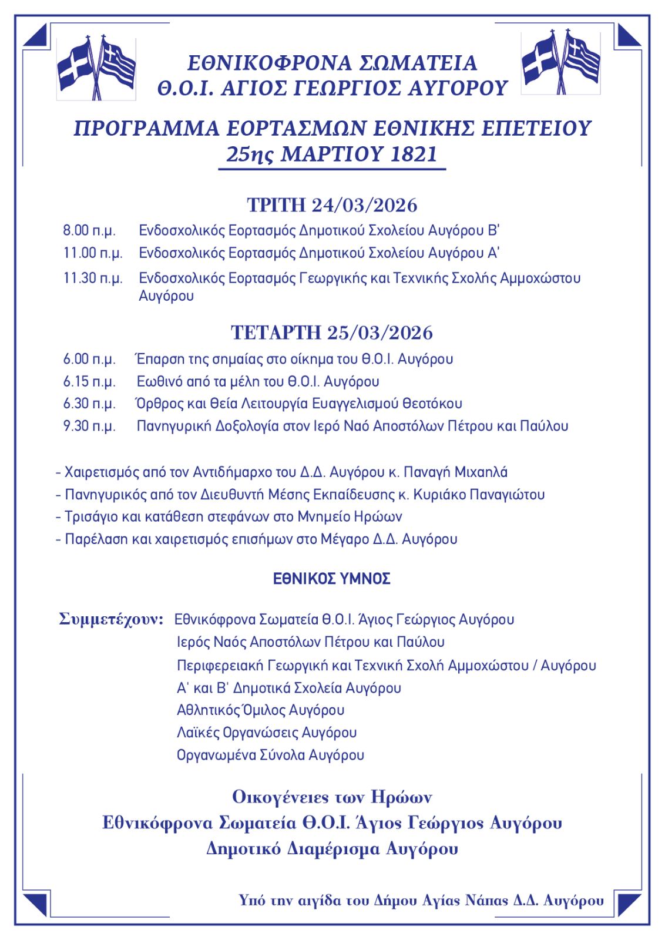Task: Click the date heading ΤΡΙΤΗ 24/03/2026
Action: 332,206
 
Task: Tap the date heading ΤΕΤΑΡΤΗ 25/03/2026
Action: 332,333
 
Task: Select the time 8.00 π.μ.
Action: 89,230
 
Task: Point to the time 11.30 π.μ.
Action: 93,278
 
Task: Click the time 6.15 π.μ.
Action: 89,381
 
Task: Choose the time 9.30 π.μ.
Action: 89,426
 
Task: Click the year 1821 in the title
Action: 414,154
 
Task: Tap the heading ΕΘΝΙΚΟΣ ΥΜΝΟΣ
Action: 332,579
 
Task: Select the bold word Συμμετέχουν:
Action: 111,619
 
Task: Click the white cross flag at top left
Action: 75,66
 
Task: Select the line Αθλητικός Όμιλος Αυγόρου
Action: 260,710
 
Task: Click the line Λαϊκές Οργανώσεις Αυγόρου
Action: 266,733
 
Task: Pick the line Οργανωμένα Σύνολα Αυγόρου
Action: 270,755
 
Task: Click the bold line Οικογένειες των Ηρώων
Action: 332,798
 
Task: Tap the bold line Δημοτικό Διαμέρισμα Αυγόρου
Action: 332,849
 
